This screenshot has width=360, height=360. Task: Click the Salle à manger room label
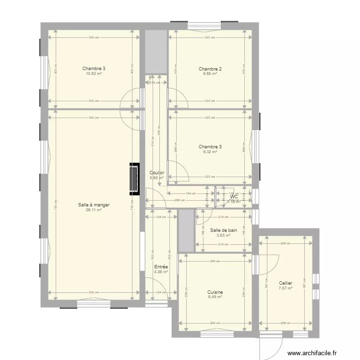(x=94, y=205)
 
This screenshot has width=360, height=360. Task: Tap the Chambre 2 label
(x=210, y=69)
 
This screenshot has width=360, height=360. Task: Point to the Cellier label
(x=286, y=283)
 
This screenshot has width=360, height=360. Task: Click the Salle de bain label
(x=224, y=230)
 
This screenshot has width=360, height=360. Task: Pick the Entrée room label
(x=161, y=267)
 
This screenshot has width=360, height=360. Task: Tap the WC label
(x=234, y=197)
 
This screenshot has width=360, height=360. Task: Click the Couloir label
(x=157, y=173)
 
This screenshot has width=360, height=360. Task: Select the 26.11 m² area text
(x=94, y=210)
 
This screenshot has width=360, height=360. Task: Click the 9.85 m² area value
(x=210, y=74)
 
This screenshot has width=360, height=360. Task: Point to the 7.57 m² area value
(x=286, y=288)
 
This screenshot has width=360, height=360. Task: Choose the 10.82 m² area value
(x=94, y=74)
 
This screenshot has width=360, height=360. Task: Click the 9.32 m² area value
(x=210, y=152)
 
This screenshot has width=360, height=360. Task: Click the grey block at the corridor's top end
(x=156, y=52)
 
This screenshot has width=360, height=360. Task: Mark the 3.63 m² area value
(x=224, y=235)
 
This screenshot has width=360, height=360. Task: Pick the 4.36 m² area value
(x=161, y=272)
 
